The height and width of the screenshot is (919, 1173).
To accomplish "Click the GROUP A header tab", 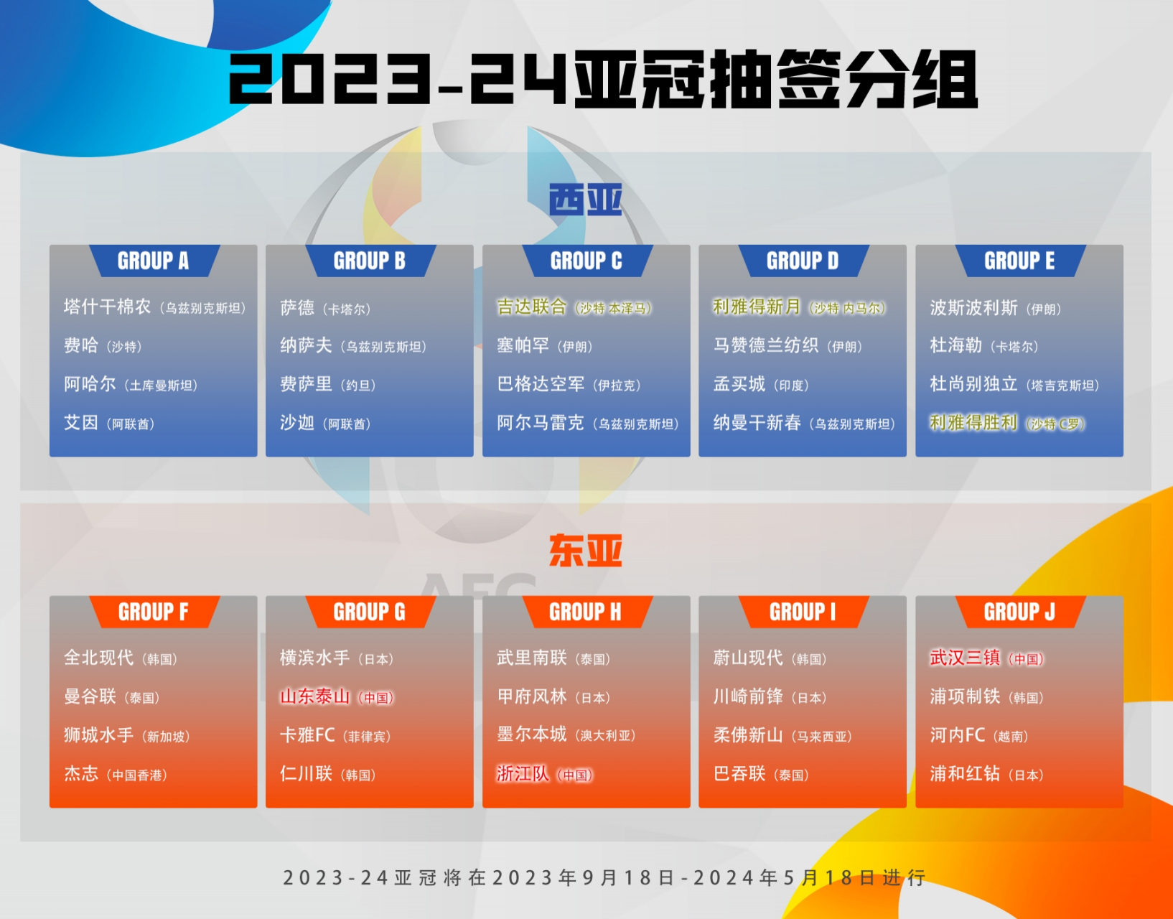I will pos(153,261).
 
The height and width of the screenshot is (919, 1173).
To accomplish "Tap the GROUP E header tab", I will pos(1019,261).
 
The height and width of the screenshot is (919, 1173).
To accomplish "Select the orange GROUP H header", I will pos(585,612).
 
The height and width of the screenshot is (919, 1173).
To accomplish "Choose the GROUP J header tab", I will pos(1019,612).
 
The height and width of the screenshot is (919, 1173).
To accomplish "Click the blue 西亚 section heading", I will pos(585,199).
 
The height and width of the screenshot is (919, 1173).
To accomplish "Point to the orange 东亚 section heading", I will pos(585,551).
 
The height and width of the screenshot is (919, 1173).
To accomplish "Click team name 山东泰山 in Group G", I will pos(314,696).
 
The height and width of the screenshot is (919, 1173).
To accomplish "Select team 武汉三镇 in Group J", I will pos(965,658).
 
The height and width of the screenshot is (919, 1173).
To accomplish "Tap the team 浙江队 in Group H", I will pos(523,774).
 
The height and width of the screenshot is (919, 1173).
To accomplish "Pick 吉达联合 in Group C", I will pos(531,307).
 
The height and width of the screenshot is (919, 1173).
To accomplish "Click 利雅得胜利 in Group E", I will pos(973,423).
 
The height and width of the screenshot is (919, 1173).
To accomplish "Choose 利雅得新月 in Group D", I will pos(756,307).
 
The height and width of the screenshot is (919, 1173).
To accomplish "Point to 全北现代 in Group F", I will pos(98,658).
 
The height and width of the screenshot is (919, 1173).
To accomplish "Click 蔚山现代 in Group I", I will pos(747,658).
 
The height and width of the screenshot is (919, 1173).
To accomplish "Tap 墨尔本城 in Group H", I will pos(531,734).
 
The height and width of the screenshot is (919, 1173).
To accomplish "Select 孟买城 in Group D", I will pos(739,385).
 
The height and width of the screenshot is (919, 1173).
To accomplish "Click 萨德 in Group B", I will pos(297,308).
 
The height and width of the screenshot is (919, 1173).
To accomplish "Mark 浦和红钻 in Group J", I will pos(965,774).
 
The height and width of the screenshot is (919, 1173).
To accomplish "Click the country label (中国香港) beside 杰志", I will pos(137,775).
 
